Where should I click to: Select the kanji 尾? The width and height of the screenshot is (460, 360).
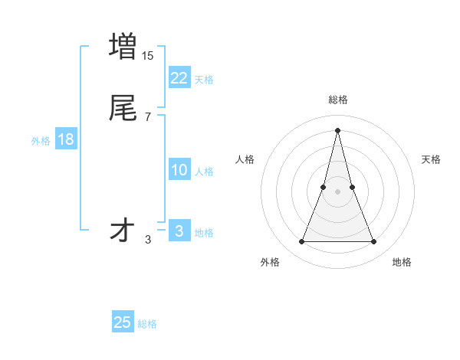click(123, 108)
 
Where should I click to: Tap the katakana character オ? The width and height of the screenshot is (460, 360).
click(123, 231)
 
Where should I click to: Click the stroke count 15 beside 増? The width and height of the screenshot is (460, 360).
click(147, 56)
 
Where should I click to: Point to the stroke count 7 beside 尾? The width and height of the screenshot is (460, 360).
click(147, 117)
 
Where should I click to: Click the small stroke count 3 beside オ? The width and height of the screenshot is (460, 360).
click(148, 240)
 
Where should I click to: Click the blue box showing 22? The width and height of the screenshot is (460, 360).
click(179, 77)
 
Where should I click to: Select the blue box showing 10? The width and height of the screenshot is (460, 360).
click(179, 170)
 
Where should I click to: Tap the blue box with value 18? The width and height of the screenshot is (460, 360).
click(65, 139)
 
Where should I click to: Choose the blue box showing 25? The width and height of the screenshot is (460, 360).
click(123, 322)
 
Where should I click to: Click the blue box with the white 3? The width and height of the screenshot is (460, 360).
click(179, 231)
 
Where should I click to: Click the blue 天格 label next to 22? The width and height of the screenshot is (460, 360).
click(204, 80)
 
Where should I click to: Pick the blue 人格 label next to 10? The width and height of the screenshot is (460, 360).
click(204, 172)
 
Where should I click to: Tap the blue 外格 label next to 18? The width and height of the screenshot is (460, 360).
click(41, 141)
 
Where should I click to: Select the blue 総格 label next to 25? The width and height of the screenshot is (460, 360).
click(147, 324)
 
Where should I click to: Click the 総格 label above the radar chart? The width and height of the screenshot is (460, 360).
click(338, 100)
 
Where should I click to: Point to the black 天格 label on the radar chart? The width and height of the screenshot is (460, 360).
click(431, 159)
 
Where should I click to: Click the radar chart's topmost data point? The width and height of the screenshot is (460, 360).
click(338, 129)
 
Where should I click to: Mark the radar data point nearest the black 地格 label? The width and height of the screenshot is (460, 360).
click(374, 242)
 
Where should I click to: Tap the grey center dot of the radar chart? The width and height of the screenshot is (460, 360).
click(338, 191)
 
